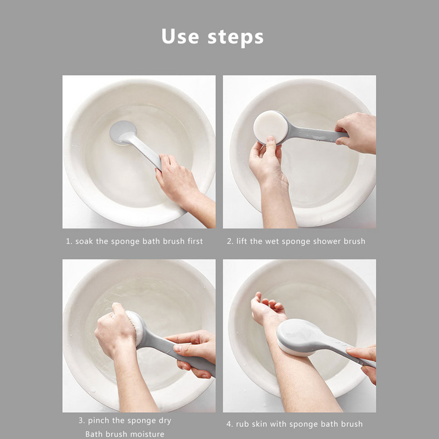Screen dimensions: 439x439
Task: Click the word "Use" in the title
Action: [181, 36]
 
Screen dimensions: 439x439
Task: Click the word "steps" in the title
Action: [235, 38]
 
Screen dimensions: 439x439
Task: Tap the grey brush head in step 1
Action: [123, 133]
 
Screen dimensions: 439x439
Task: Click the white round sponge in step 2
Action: [271, 127]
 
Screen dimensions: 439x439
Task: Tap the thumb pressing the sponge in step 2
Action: [271, 145]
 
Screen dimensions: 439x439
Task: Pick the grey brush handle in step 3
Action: [179, 353]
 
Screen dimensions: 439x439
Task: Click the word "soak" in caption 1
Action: [84, 241]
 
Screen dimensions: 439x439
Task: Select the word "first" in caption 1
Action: [195, 241]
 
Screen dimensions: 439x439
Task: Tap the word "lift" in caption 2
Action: [242, 241]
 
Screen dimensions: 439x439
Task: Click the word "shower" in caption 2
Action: [327, 241]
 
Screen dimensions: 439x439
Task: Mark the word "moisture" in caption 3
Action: [148, 434]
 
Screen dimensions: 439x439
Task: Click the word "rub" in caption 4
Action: [243, 424]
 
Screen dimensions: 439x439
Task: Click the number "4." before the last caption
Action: [229, 424]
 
